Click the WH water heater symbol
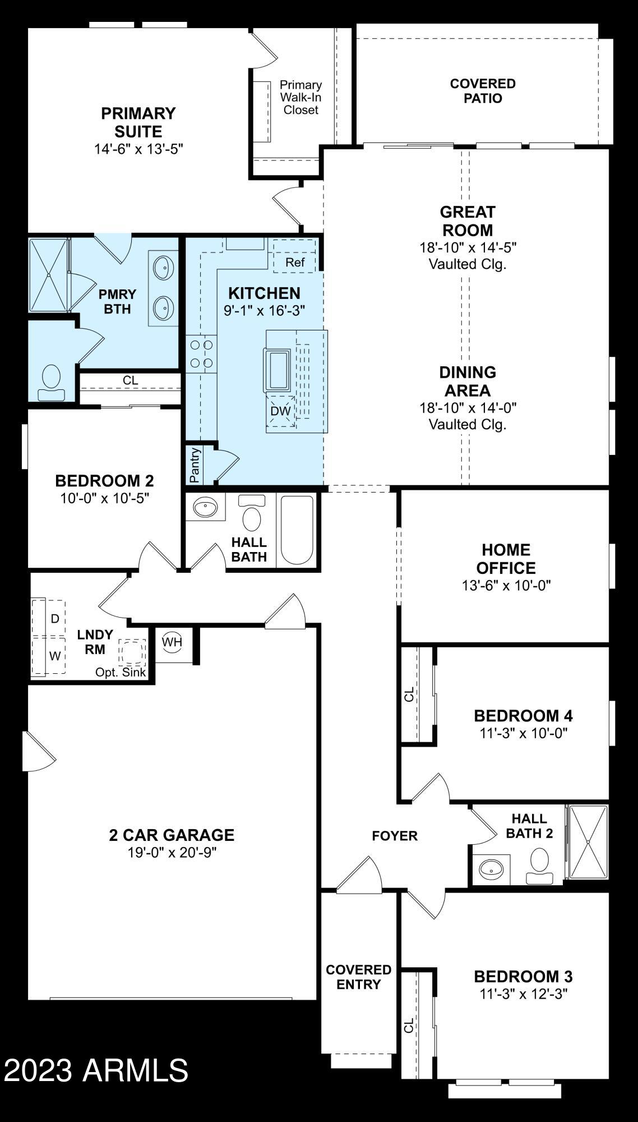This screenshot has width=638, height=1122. (172, 642)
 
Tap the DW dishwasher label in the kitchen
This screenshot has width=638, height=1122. (280, 411)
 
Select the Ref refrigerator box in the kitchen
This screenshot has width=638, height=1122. (295, 263)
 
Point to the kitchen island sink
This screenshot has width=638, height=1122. (277, 370)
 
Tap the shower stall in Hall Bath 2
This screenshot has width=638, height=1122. (588, 842)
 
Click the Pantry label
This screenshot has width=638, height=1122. (195, 466)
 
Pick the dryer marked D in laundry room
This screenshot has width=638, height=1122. (54, 619)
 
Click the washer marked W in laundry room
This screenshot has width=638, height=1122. (54, 655)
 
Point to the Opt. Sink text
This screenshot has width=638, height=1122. (121, 672)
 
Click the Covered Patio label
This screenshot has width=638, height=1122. (483, 91)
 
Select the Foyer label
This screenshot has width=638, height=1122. (395, 836)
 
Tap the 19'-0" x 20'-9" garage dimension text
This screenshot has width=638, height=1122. (172, 852)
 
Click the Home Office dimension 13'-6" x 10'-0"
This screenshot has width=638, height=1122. (506, 585)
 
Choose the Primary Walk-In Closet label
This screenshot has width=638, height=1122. (300, 97)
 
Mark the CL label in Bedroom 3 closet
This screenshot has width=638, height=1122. (409, 1024)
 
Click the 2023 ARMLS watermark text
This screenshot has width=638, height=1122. (96, 1070)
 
